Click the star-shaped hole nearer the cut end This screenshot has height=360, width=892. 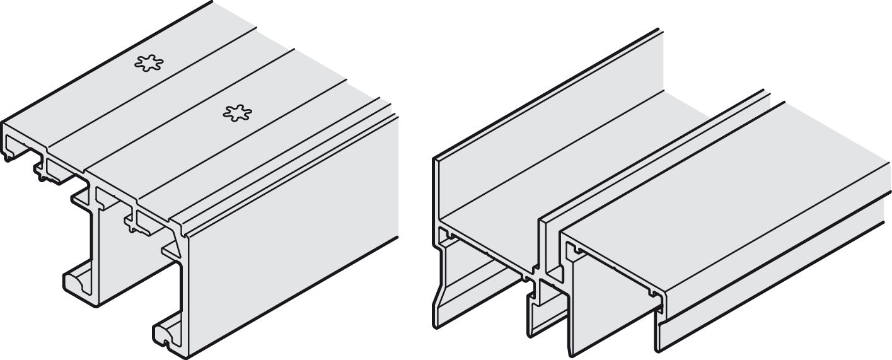pos(238,113)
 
